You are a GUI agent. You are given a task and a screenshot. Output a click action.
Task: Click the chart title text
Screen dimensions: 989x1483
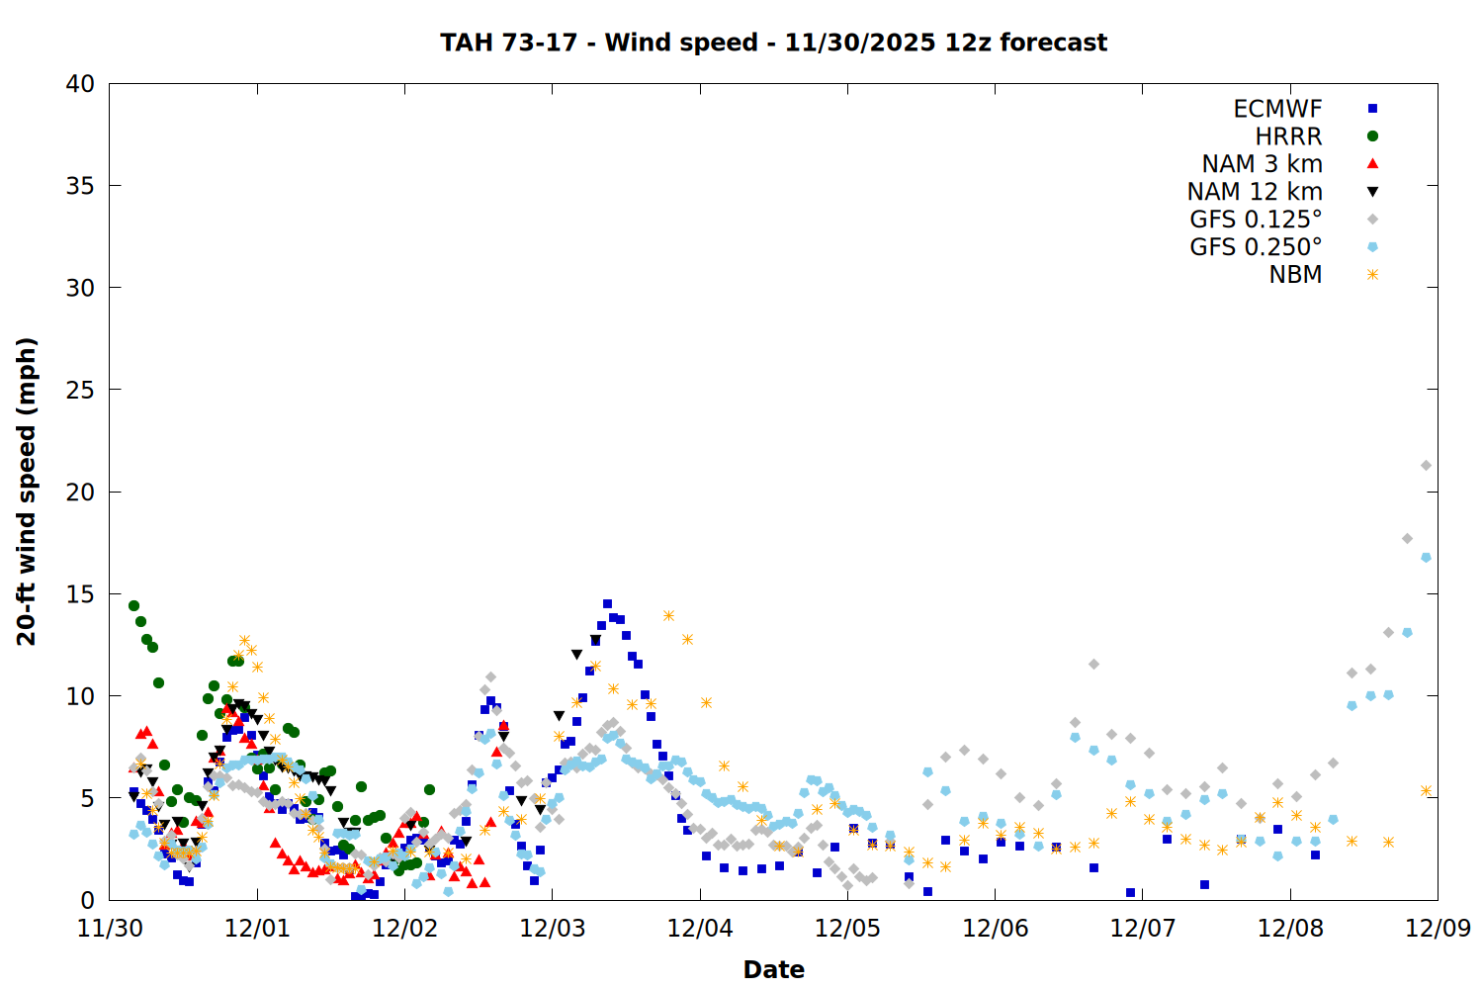point(773,43)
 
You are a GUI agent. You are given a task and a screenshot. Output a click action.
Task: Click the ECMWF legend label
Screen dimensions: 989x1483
point(1277,109)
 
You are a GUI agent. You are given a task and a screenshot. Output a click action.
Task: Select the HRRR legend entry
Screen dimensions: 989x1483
point(1288,136)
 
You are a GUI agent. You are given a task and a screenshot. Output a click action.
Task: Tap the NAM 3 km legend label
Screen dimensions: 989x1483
point(1262,164)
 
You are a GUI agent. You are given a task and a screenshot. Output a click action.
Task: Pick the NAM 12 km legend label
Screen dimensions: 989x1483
point(1255,192)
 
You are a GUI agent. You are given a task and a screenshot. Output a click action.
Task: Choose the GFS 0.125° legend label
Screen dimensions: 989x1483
point(1256,220)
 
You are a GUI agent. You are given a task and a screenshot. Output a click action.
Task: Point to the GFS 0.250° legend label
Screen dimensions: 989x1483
point(1256,247)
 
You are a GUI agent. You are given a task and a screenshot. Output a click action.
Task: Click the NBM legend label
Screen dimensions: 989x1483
point(1295,275)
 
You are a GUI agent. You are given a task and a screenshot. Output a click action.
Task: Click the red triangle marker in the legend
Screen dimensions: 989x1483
point(1372,163)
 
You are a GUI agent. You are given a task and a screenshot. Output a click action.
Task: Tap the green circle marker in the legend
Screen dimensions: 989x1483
point(1372,136)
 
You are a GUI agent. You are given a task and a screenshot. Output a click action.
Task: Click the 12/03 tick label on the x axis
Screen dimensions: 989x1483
point(552,929)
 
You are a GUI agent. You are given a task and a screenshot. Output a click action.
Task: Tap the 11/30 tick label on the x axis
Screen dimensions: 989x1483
point(110,929)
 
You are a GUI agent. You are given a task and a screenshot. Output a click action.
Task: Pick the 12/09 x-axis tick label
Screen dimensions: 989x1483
point(1438,929)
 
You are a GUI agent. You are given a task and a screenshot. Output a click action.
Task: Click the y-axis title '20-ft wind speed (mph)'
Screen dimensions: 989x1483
point(27,492)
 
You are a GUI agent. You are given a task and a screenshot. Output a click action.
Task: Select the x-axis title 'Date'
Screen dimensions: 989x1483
point(773,969)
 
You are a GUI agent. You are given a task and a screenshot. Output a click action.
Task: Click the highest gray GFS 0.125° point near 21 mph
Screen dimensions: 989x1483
point(1426,465)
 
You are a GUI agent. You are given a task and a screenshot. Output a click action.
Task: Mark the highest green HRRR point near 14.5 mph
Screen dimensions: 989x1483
point(133,605)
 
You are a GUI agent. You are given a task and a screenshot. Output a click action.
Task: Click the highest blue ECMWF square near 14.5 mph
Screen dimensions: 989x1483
point(607,603)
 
